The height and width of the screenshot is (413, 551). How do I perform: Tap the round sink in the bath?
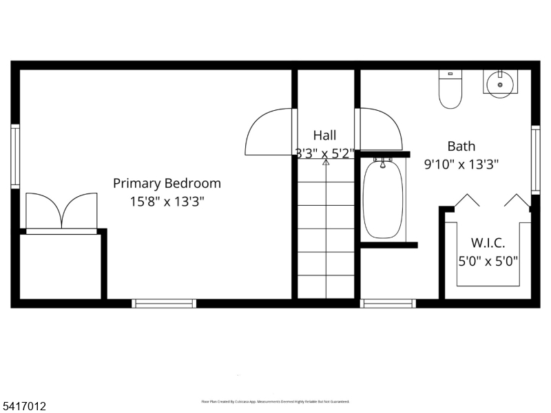pyautogui.click(x=500, y=84)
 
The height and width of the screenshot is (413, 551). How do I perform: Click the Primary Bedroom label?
pyautogui.click(x=167, y=183)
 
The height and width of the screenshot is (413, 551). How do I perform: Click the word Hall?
pyautogui.click(x=325, y=136)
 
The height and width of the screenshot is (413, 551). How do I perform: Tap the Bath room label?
pyautogui.click(x=461, y=146)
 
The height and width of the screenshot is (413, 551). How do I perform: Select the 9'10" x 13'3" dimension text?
pyautogui.click(x=461, y=164)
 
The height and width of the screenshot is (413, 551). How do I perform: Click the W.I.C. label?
pyautogui.click(x=488, y=243)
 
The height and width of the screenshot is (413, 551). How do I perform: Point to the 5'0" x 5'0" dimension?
pyautogui.click(x=488, y=261)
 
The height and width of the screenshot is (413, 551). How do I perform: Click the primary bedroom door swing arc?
pyautogui.click(x=267, y=132)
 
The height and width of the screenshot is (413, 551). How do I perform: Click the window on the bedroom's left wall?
pyautogui.click(x=15, y=156)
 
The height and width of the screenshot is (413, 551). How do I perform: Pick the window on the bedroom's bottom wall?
pyautogui.click(x=164, y=303)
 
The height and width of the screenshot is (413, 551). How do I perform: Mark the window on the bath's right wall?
pyautogui.click(x=535, y=159)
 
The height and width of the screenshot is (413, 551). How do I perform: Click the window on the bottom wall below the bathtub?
pyautogui.click(x=388, y=303)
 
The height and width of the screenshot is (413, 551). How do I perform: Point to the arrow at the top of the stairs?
pyautogui.click(x=326, y=162)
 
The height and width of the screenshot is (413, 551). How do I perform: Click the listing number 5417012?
pyautogui.click(x=24, y=407)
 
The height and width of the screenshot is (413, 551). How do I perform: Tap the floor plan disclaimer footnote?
pyautogui.click(x=275, y=401)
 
